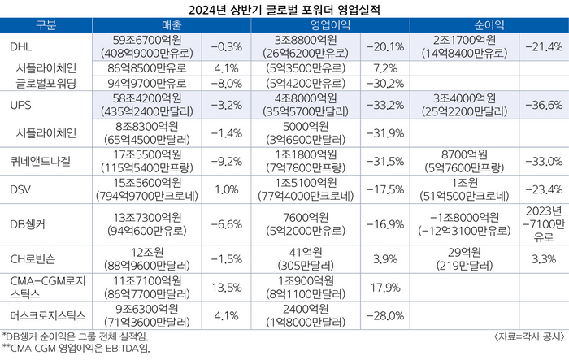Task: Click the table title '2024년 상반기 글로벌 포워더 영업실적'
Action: point(284,10)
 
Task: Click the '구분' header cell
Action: point(46,27)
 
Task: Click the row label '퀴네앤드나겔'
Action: point(41,160)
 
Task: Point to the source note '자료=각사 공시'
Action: point(528,336)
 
